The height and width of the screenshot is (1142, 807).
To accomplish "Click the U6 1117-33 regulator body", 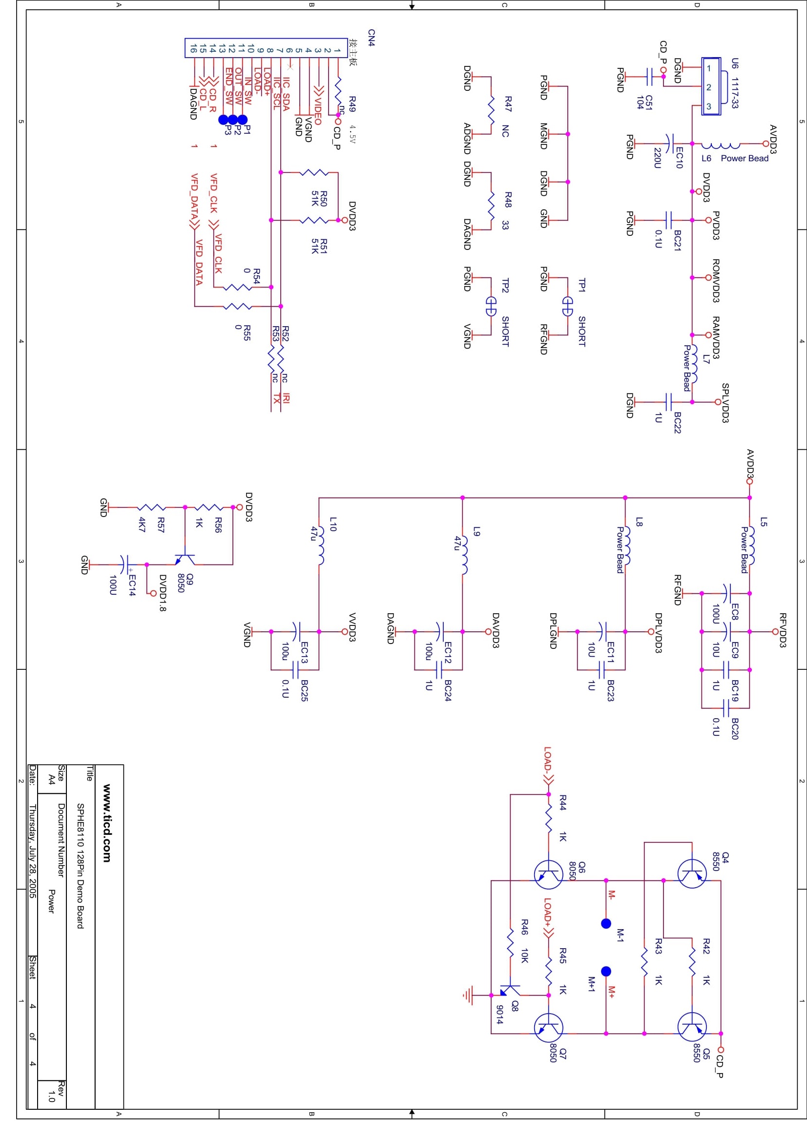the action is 711,86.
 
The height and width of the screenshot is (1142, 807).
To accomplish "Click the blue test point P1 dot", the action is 242,119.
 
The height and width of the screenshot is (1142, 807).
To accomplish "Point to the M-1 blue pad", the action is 606,923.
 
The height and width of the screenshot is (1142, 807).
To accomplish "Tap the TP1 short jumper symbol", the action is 567,306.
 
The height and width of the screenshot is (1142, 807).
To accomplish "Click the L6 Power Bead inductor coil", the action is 721,145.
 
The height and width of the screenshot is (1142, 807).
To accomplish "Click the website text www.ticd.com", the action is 107,823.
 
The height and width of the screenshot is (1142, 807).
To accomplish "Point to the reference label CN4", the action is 372,38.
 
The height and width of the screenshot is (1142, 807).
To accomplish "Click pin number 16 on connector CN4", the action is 193,48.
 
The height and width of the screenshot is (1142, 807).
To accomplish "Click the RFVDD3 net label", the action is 783,630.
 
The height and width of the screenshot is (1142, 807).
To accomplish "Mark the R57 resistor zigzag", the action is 152,507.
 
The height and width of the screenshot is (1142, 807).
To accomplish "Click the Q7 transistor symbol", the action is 548,1027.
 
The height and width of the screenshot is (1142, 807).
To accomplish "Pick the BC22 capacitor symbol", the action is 668,401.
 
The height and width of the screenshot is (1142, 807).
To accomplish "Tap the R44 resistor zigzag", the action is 548,818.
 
